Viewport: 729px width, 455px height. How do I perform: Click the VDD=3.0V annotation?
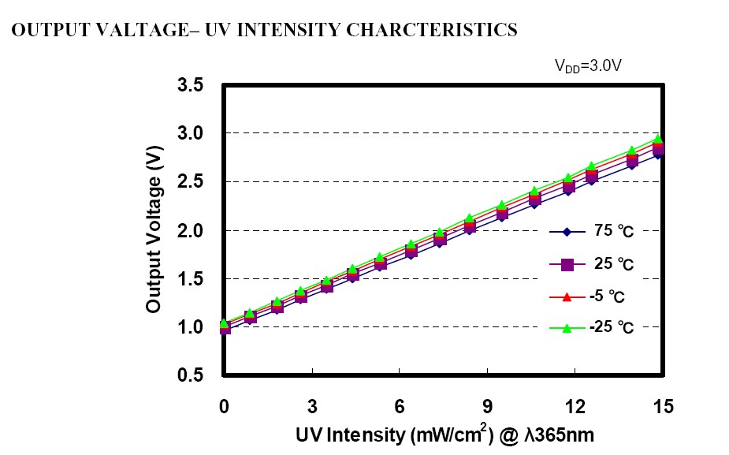[x=591, y=67]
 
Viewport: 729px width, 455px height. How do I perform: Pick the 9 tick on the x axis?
[x=488, y=407]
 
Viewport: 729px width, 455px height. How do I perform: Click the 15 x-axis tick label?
[x=663, y=407]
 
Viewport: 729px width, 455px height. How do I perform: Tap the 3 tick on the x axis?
[x=312, y=407]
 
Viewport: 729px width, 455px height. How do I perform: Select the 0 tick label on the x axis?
[x=224, y=407]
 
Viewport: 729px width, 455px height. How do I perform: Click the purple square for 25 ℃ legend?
[x=566, y=265]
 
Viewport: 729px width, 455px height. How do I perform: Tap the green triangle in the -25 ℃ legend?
[x=566, y=329]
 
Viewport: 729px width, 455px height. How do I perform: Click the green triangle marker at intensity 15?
[x=659, y=139]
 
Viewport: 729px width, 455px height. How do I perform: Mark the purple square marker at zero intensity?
[x=225, y=328]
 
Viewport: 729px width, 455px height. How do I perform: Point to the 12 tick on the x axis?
[x=575, y=407]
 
